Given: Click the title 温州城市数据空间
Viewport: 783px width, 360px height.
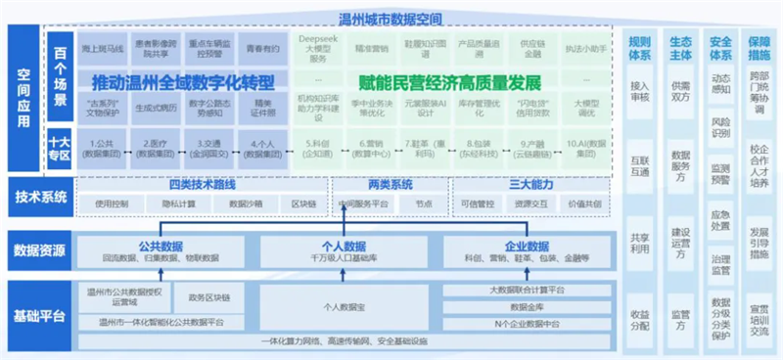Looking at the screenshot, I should click(x=390, y=19).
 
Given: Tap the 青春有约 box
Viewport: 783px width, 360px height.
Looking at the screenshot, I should click(x=262, y=48).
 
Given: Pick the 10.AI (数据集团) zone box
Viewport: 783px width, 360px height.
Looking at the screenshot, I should click(x=583, y=148).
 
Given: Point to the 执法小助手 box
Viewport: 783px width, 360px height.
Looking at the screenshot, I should click(x=583, y=48).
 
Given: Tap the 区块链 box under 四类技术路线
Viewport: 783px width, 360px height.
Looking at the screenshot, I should click(x=301, y=203).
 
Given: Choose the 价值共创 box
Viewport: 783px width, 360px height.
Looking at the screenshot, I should click(x=577, y=203).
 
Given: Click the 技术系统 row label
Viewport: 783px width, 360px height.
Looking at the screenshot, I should click(x=40, y=197).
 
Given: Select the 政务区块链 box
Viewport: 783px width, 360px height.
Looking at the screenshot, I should click(x=208, y=296).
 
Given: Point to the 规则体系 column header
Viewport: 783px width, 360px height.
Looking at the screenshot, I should click(x=640, y=48).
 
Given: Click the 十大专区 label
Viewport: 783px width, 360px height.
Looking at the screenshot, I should click(x=61, y=148).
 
